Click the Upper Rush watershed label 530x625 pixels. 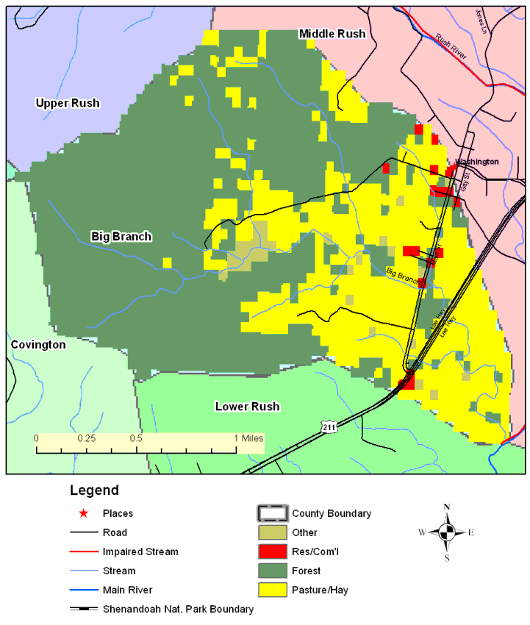pyautogui.click(x=68, y=103)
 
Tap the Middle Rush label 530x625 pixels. pyautogui.click(x=332, y=34)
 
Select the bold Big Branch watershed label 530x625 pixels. pyautogui.click(x=121, y=236)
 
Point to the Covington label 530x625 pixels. pyautogui.click(x=37, y=344)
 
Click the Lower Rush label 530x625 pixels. pyautogui.click(x=247, y=407)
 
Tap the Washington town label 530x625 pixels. pyautogui.click(x=477, y=162)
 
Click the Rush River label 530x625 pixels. pyautogui.click(x=451, y=47)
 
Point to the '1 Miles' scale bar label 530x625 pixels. pyautogui.click(x=248, y=438)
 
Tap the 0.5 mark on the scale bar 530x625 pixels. pyautogui.click(x=137, y=438)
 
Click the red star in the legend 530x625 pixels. pyautogui.click(x=84, y=513)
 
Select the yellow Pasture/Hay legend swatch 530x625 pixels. pyautogui.click(x=272, y=590)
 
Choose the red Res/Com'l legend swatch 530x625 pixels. pyautogui.click(x=272, y=551)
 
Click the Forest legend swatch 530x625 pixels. pyautogui.click(x=272, y=571)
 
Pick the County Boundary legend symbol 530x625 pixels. pyautogui.click(x=272, y=513)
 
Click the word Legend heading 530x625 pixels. pyautogui.click(x=94, y=490)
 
